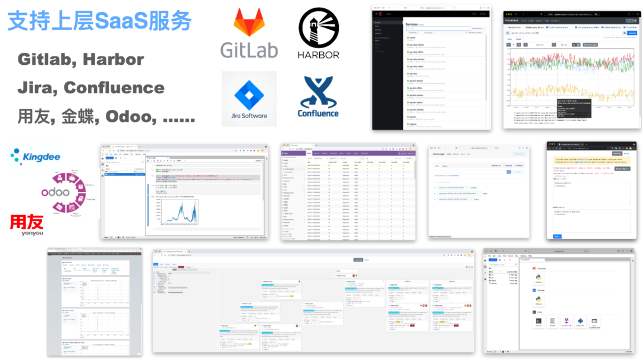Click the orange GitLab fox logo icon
tap(249, 24)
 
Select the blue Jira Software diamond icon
tap(249, 93)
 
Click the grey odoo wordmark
tap(55, 192)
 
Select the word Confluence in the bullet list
tap(114, 88)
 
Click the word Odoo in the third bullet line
tap(129, 116)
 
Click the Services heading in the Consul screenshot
tap(412, 24)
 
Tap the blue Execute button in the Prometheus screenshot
tap(632, 33)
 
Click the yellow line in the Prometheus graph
tap(571, 92)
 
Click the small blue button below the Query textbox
tap(557, 236)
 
